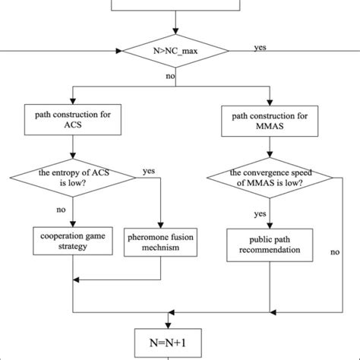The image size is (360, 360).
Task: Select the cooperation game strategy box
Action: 71,240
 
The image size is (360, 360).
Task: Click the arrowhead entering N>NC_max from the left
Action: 118,52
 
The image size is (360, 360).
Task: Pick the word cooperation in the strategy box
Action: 60,235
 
